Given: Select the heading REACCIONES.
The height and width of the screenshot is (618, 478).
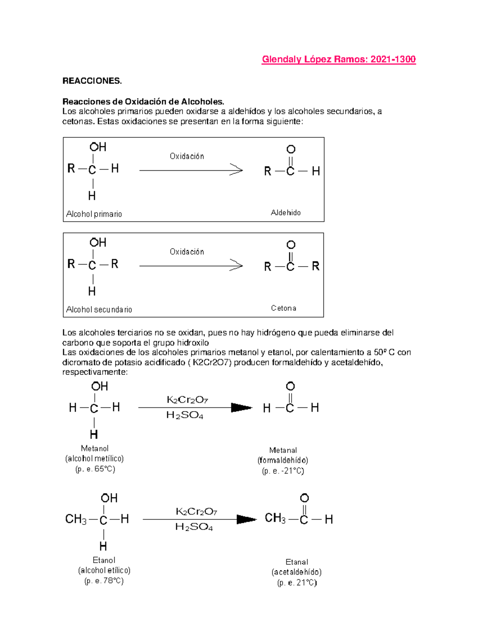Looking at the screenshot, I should click(x=92, y=81).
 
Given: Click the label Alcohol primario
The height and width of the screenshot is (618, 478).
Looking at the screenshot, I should click(x=94, y=214).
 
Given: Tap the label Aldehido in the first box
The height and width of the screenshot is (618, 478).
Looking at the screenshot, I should click(x=286, y=212).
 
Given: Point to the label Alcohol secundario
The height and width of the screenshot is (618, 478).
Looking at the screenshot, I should click(x=99, y=310).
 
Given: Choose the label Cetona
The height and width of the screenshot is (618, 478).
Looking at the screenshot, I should click(x=284, y=308).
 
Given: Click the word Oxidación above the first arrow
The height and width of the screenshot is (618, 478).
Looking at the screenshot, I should click(x=187, y=156).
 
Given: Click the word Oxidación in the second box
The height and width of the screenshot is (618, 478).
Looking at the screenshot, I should click(x=187, y=252).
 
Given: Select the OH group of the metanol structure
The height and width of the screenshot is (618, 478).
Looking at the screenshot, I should click(x=99, y=386).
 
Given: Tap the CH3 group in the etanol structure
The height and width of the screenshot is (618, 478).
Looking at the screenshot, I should click(x=76, y=519).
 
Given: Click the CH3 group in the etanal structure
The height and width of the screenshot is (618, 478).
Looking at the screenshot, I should click(x=275, y=518).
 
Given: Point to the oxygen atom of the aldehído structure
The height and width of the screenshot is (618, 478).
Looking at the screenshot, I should click(x=291, y=150).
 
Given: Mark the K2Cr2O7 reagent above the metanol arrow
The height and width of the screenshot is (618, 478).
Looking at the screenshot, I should click(x=187, y=400).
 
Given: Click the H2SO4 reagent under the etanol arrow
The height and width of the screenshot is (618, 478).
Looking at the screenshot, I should click(x=194, y=527).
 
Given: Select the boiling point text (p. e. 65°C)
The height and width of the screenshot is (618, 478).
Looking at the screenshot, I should click(x=95, y=469).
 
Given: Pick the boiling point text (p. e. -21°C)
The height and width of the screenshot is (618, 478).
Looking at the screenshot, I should click(x=283, y=471).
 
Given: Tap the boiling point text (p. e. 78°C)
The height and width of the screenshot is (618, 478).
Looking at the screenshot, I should click(x=104, y=581).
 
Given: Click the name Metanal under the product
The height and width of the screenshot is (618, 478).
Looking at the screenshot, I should click(x=283, y=450).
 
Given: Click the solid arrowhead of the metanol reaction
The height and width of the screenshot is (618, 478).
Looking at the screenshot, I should click(x=241, y=407).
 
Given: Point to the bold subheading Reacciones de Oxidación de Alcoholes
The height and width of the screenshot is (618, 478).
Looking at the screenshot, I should click(x=146, y=101).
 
